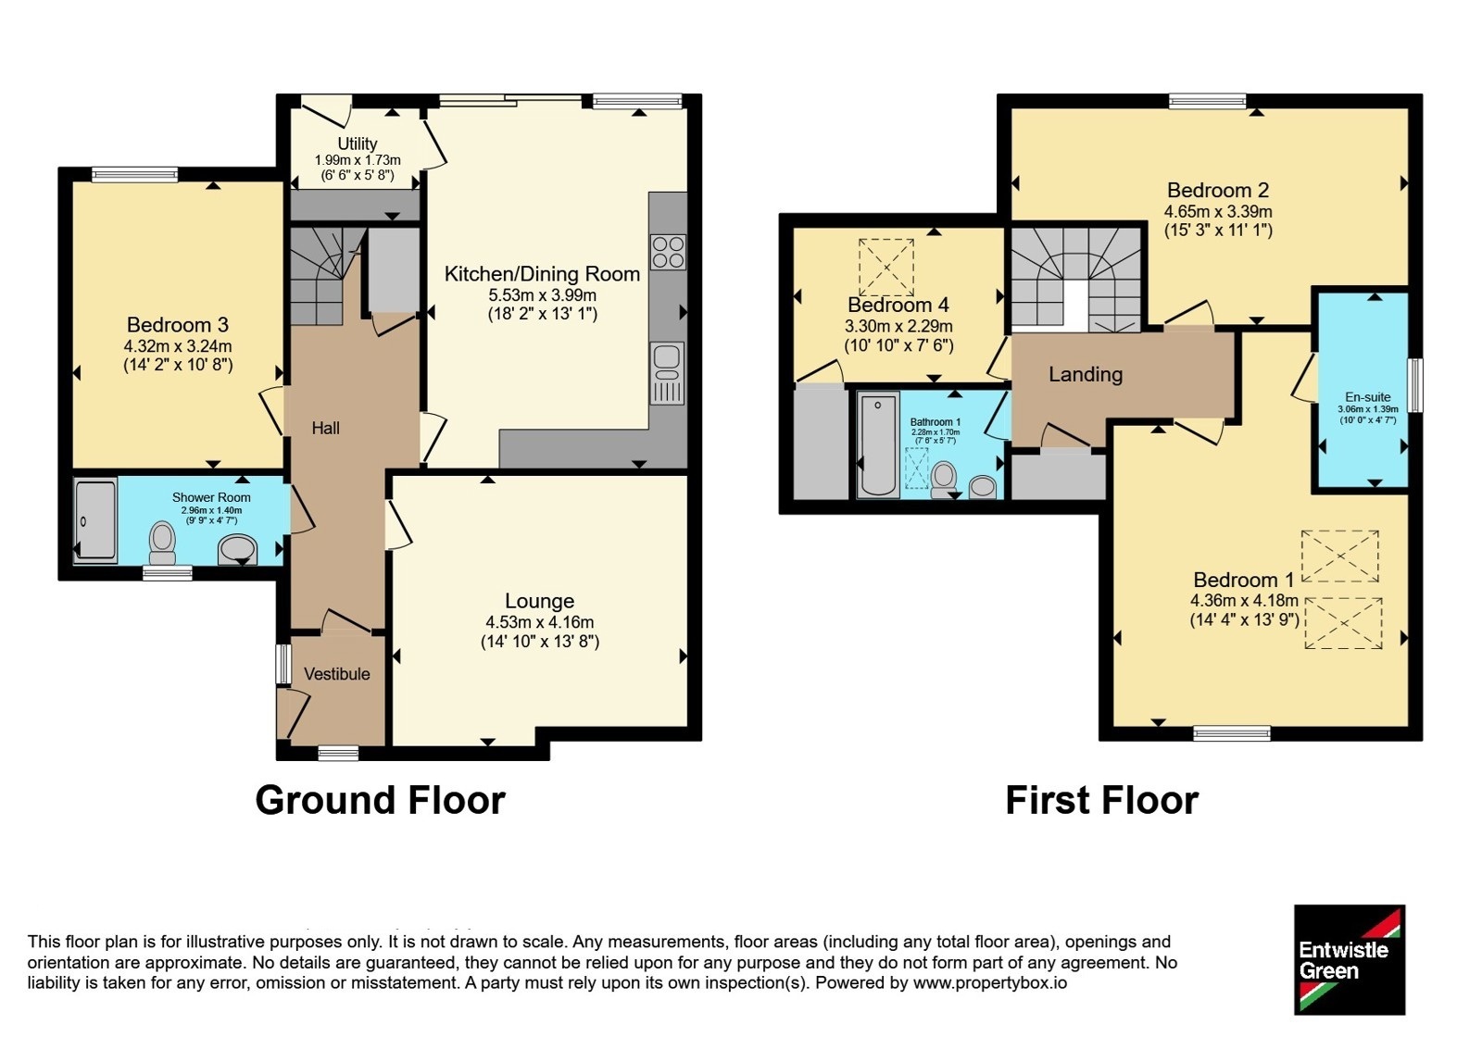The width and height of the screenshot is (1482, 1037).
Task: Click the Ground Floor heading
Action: pyautogui.click(x=381, y=800)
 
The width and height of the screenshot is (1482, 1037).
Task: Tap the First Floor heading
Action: pyautogui.click(x=1102, y=800)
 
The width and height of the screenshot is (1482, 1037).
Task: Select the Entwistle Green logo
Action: pyautogui.click(x=1350, y=959)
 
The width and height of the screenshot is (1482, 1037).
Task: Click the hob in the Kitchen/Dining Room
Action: pyautogui.click(x=668, y=252)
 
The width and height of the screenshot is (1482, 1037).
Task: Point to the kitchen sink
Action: pyautogui.click(x=668, y=373)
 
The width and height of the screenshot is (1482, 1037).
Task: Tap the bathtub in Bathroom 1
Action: pyautogui.click(x=878, y=444)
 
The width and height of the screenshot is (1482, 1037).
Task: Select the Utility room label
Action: pyautogui.click(x=358, y=144)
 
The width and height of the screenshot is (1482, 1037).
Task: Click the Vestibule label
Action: pyautogui.click(x=337, y=674)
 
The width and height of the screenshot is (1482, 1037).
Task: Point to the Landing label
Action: pyautogui.click(x=1086, y=374)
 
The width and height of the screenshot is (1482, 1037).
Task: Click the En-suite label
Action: pyautogui.click(x=1368, y=397)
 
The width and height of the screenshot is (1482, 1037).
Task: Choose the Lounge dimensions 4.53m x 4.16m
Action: pyautogui.click(x=540, y=622)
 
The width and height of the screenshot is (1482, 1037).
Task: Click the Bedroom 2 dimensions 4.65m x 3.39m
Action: pyautogui.click(x=1218, y=212)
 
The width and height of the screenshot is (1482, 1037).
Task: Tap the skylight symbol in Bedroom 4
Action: pyautogui.click(x=886, y=268)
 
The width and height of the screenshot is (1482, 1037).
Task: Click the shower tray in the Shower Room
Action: pyautogui.click(x=95, y=522)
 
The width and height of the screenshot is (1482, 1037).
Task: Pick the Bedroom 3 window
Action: pyautogui.click(x=135, y=175)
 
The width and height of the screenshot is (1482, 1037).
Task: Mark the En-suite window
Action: pyautogui.click(x=1415, y=385)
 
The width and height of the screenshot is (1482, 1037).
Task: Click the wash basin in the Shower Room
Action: pyautogui.click(x=237, y=550)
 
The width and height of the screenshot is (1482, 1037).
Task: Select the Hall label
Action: pyautogui.click(x=325, y=429)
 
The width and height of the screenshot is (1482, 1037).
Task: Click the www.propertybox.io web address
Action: pyautogui.click(x=990, y=982)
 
